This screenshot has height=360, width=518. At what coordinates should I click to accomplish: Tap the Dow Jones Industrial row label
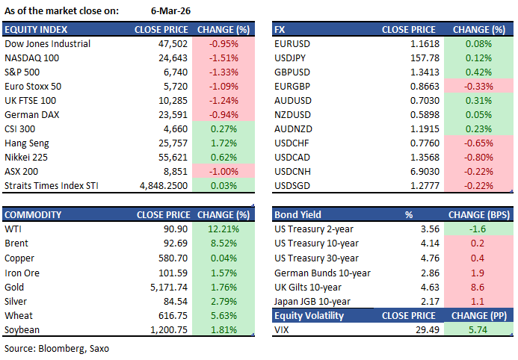47,44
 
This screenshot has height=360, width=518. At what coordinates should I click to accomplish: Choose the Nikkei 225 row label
27,158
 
